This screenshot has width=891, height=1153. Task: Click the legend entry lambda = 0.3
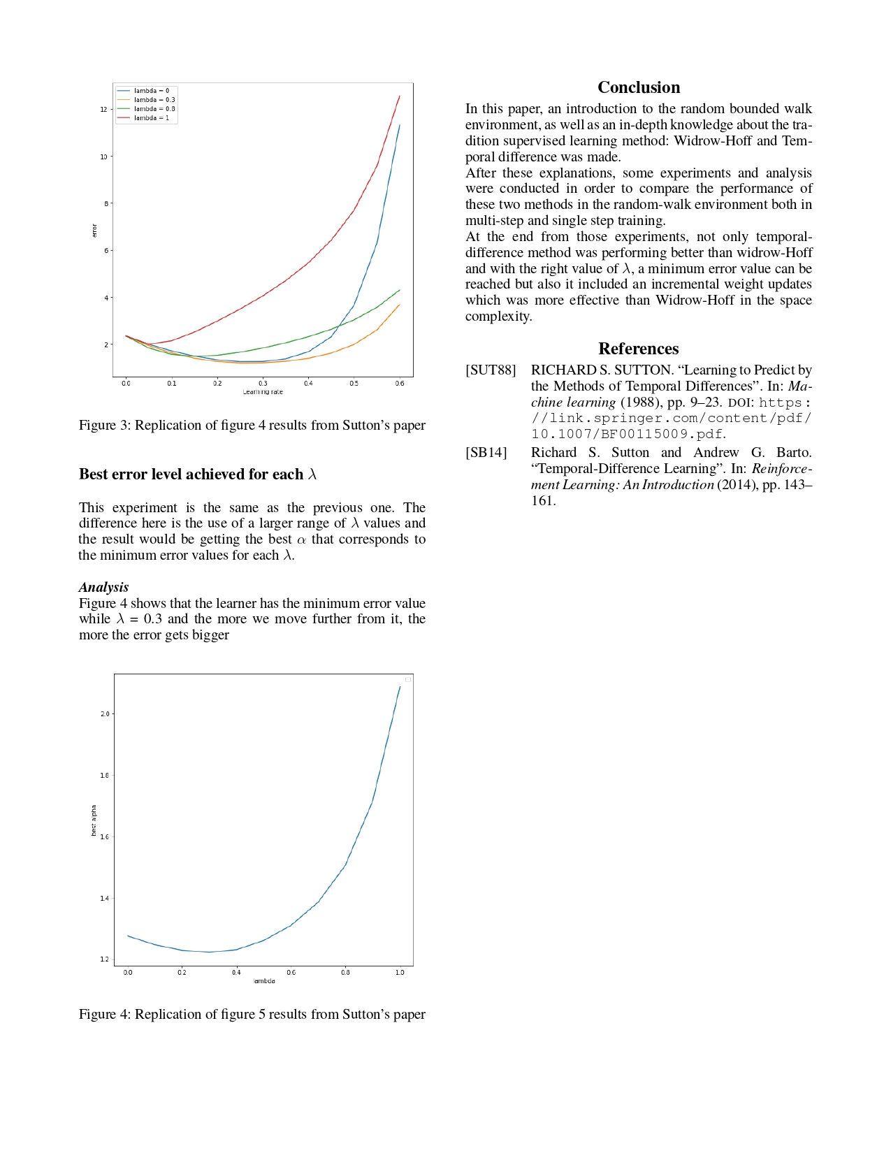pos(154,100)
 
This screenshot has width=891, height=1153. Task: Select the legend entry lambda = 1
pos(151,118)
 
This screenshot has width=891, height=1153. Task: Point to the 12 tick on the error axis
pos(103,110)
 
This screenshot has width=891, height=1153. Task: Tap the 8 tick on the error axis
pos(106,203)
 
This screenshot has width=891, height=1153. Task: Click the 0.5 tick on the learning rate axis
pos(354,384)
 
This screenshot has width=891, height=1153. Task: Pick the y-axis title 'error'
pos(94,231)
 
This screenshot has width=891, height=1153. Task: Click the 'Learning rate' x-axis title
pos(263,392)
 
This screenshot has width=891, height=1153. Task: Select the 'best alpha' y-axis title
pos(94,820)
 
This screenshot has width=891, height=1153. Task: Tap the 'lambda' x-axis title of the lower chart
pos(264,981)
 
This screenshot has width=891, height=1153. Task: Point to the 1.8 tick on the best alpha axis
pos(104,776)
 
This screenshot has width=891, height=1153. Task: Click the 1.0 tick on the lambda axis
pos(400,973)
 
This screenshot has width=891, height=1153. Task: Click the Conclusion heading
pos(639,87)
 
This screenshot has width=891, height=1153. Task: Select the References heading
pos(639,349)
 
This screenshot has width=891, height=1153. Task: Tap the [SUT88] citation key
pos(491,370)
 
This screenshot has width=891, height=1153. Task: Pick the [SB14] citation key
pos(486,453)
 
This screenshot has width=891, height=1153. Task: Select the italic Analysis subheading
pos(103,587)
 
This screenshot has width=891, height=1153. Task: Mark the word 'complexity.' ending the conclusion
pos(498,317)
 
